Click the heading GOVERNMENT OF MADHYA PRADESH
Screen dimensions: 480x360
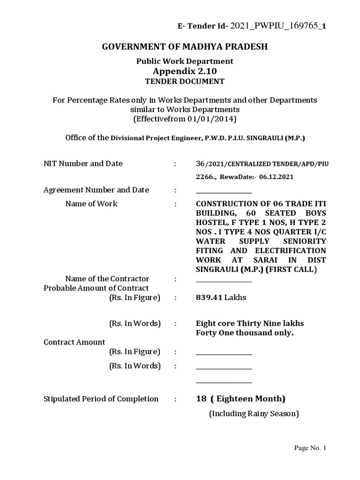coord(185,47)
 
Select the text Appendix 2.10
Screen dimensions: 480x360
coord(185,71)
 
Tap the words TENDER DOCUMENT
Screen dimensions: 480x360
coord(185,82)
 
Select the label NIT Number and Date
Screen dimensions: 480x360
coord(83,164)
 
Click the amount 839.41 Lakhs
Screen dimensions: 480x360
coord(221,297)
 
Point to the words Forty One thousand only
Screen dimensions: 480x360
coord(244,333)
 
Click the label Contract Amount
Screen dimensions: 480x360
coord(74,342)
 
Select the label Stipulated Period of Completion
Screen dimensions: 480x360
coord(101,399)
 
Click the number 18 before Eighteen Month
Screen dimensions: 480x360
coord(201,399)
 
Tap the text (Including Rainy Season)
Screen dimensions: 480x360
coord(254,413)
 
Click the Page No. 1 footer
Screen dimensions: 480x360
coord(309,448)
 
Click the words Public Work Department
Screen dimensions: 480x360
coord(185,61)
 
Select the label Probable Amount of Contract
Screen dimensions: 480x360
coord(96,288)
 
